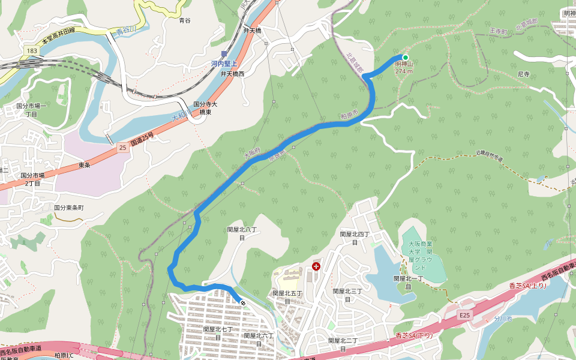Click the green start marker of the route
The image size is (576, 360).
coord(406,58)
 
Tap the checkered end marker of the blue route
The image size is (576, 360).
coord(242,303)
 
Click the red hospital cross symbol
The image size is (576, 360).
coord(316,266)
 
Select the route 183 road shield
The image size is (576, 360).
coord(32,52)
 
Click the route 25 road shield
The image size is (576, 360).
coord(122,147)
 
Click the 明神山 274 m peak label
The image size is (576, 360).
coord(404,67)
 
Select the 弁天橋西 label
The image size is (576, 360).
coord(232,74)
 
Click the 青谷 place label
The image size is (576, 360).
coord(185,20)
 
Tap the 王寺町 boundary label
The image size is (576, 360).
coord(499,31)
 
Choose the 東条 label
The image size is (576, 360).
coord(84,165)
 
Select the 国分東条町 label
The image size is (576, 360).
coord(69,207)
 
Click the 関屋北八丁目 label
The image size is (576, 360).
coord(242,233)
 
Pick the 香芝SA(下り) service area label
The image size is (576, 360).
coord(415,335)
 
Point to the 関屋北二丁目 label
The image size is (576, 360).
coord(343,344)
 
